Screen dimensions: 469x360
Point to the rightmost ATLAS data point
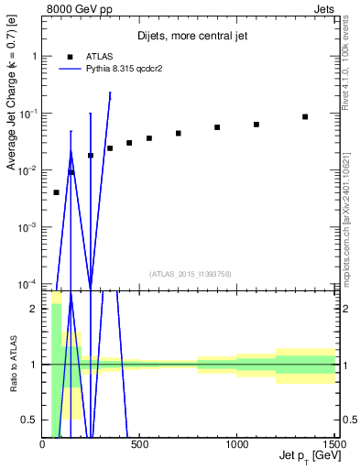[305, 117]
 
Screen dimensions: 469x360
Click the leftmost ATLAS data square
[57, 192]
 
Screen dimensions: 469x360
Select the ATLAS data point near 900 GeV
[217, 127]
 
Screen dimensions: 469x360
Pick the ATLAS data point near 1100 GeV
[256, 125]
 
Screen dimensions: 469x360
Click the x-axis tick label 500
[139, 445]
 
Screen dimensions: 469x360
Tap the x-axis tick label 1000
[236, 445]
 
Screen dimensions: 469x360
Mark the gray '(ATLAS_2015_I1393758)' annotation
[190, 274]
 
